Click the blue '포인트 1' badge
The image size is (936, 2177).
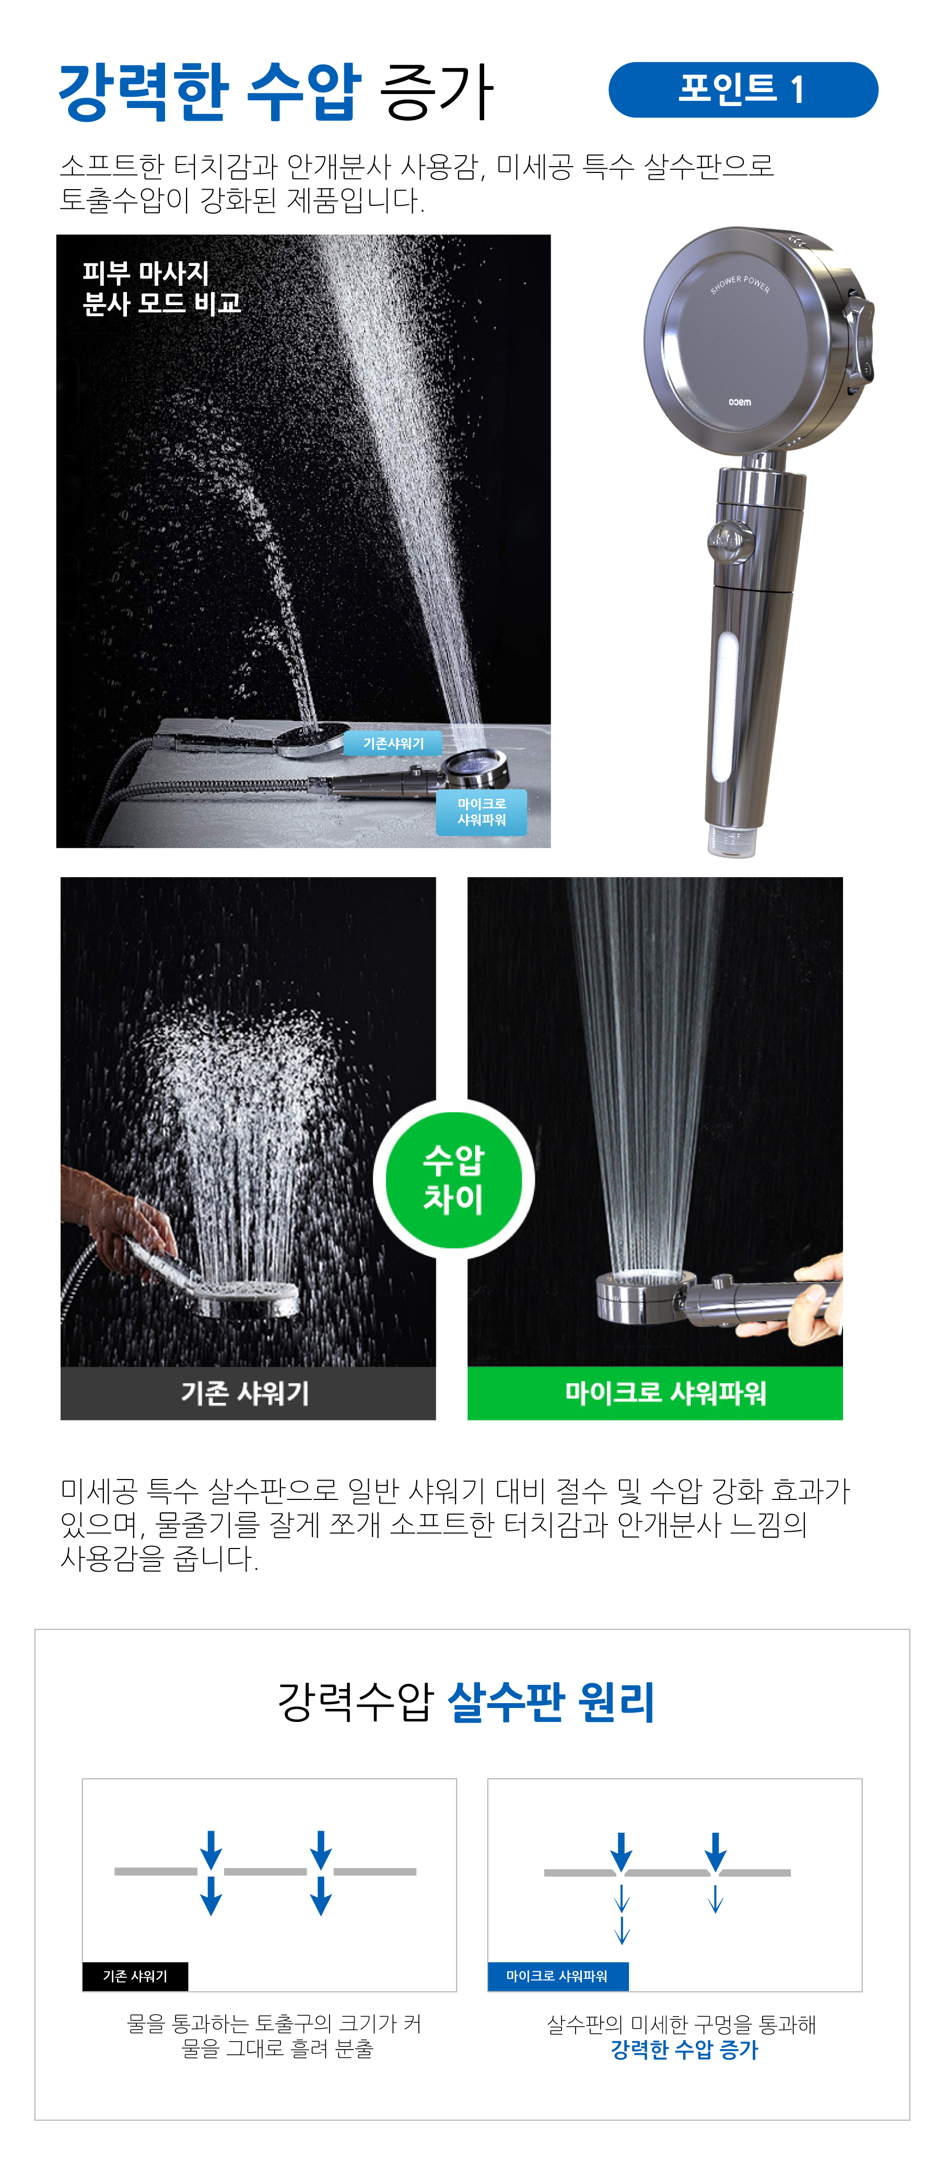tap(743, 89)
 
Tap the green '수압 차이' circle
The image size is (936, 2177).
tap(454, 1179)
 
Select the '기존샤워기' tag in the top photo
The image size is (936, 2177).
tap(394, 743)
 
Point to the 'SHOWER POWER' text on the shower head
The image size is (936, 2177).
tap(740, 284)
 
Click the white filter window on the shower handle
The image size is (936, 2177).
tap(726, 708)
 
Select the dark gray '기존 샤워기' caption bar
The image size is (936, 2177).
tap(248, 1393)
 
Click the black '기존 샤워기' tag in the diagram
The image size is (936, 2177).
tap(135, 1976)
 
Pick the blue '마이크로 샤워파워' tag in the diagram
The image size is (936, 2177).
tap(557, 1976)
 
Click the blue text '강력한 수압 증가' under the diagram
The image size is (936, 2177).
tap(684, 2050)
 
